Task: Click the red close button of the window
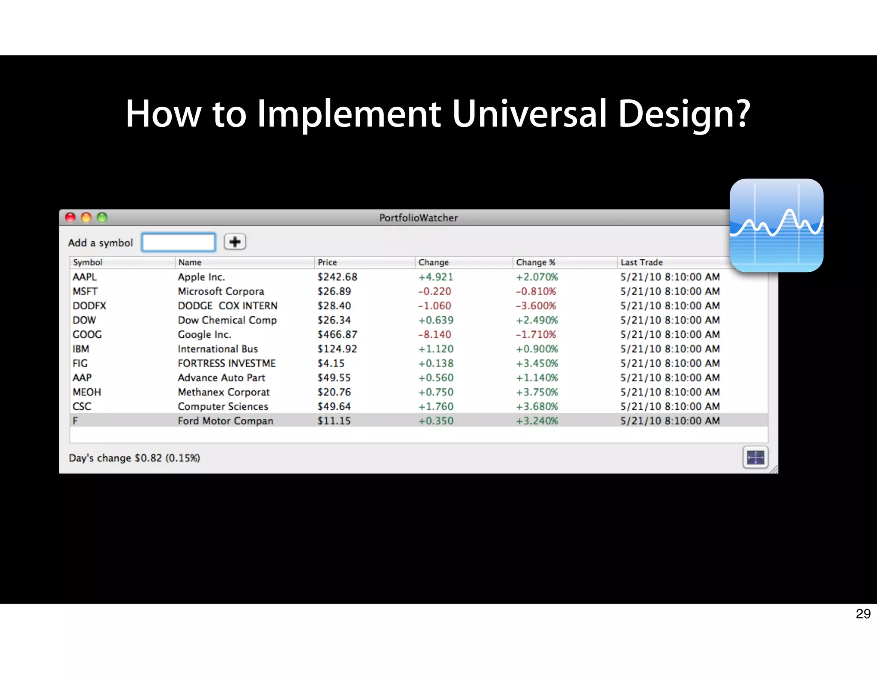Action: click(70, 218)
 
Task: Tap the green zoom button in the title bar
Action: click(102, 218)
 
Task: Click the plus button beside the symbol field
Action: click(235, 242)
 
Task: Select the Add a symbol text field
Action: click(178, 243)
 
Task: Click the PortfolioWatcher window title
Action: click(418, 218)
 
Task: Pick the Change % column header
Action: click(535, 262)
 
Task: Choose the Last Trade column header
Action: click(641, 262)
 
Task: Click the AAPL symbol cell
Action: click(85, 277)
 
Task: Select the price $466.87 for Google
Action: click(337, 334)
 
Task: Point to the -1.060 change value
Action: click(435, 306)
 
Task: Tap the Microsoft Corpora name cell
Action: click(221, 291)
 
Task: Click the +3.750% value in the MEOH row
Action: click(537, 392)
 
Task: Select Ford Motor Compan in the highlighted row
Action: click(225, 421)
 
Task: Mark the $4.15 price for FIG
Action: click(331, 363)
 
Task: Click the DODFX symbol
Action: click(89, 306)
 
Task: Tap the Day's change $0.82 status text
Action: click(134, 458)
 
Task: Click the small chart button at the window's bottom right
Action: click(755, 458)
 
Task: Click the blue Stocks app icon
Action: click(776, 225)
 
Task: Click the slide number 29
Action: click(863, 614)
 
